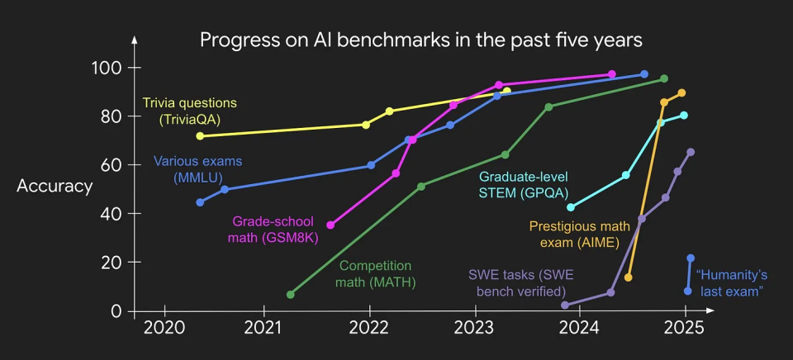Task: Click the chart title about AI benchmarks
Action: pos(421,40)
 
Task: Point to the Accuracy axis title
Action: pos(55,186)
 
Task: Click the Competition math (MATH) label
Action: pos(377,274)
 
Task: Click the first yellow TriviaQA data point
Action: pos(200,136)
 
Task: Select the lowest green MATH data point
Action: pos(291,295)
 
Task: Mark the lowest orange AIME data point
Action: pos(629,277)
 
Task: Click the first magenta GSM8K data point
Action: pos(330,225)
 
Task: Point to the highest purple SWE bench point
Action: pos(691,152)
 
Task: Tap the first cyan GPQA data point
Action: pos(571,207)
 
